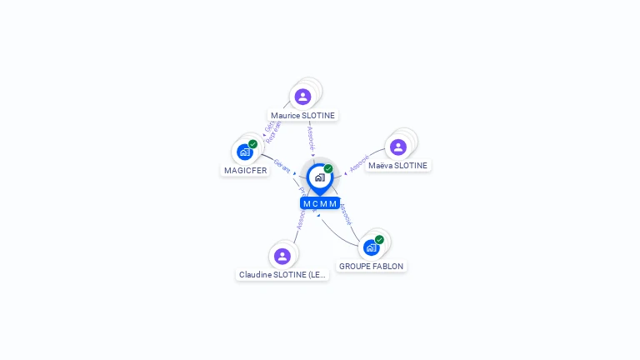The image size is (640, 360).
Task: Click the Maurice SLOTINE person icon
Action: click(302, 97)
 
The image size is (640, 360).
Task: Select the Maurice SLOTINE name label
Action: click(302, 116)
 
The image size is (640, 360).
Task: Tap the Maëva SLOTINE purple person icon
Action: click(398, 147)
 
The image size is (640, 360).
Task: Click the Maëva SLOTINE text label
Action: click(397, 166)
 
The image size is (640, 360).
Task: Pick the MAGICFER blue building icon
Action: click(244, 152)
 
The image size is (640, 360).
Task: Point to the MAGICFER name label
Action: click(245, 171)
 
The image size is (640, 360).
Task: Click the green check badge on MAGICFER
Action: click(253, 143)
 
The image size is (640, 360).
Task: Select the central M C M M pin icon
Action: click(319, 177)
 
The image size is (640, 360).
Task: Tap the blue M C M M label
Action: click(320, 203)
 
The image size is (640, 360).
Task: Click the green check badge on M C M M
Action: click(328, 168)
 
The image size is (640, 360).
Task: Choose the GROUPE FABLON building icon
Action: click(371, 247)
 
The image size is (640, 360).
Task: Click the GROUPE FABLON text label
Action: click(371, 267)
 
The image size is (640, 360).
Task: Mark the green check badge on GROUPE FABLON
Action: click(380, 239)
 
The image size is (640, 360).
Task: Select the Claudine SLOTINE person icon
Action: click(282, 256)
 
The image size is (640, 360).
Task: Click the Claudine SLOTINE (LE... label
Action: click(282, 275)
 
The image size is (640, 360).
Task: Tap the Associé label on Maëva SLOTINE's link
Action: click(359, 162)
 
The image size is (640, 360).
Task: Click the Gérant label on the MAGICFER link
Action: click(282, 166)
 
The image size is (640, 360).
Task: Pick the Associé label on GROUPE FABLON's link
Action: click(345, 214)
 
